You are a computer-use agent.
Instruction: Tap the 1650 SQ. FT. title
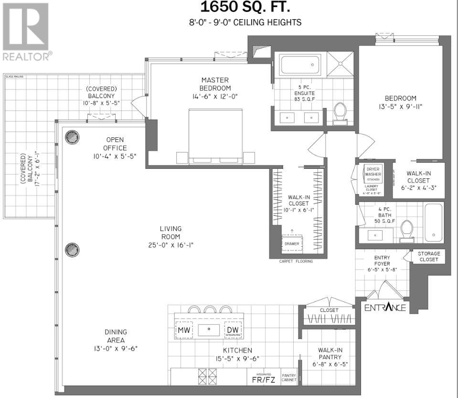(245, 7)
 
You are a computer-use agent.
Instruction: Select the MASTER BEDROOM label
(215, 84)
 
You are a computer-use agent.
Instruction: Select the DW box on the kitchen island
(232, 330)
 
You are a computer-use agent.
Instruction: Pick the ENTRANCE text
(385, 307)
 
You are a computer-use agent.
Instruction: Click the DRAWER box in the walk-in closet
(291, 243)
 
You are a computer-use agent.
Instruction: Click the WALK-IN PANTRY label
(330, 354)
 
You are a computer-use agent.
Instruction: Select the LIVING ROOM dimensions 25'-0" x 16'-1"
(170, 245)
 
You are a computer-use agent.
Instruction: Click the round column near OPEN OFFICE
(72, 137)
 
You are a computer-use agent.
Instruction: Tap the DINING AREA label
(116, 336)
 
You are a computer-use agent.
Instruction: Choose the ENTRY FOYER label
(382, 262)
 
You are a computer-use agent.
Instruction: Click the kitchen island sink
(209, 329)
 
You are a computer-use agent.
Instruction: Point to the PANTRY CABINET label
(289, 377)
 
